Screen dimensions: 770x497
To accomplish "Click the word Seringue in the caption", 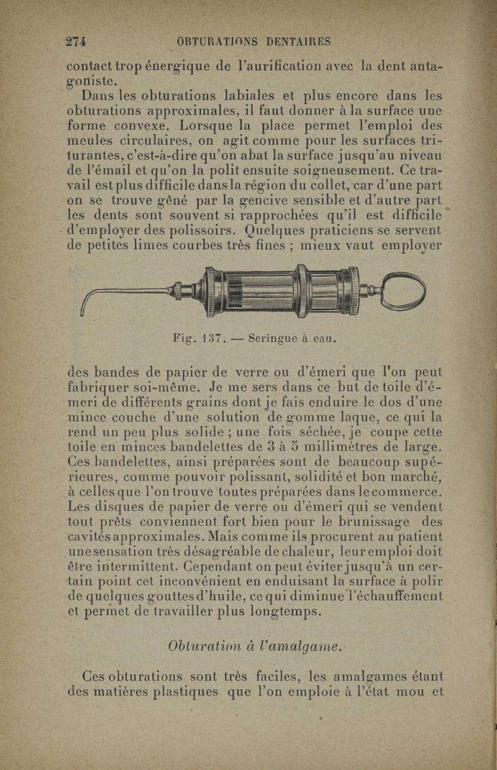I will pos(274,339).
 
